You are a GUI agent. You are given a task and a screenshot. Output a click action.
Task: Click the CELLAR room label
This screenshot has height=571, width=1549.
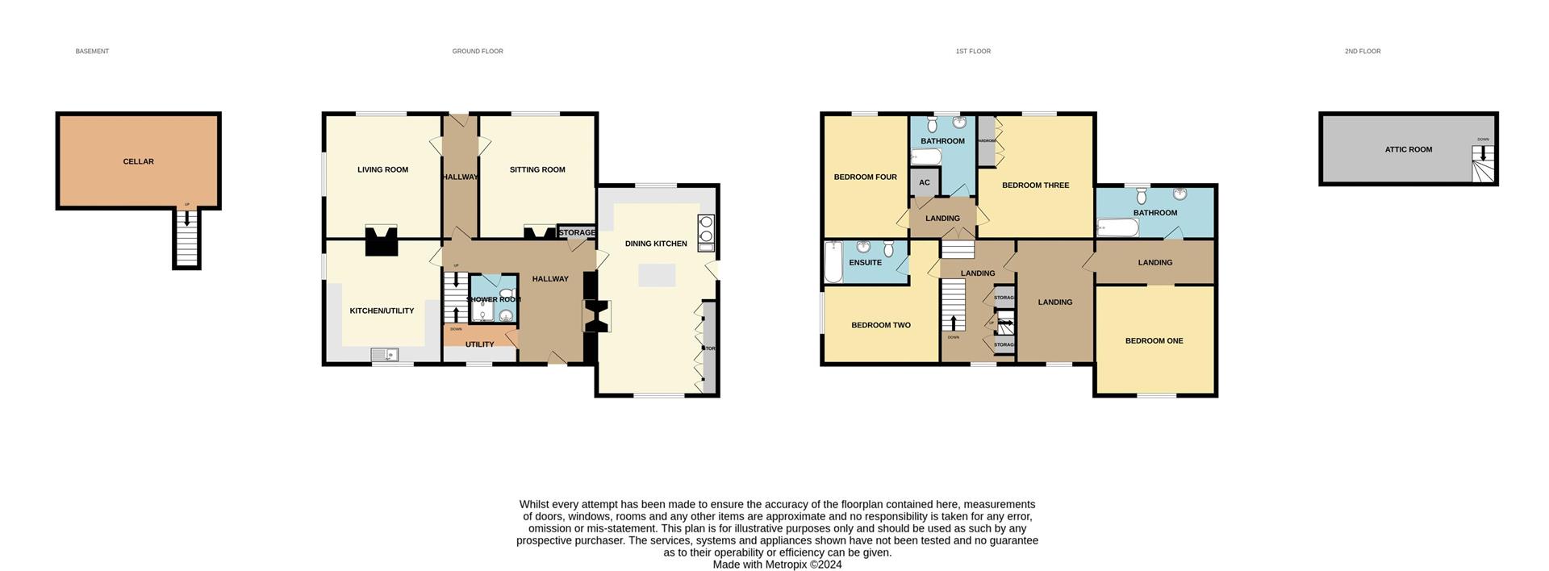click(x=138, y=161)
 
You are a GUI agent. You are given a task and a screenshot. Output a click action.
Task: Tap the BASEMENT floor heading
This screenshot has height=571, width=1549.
click(x=92, y=51)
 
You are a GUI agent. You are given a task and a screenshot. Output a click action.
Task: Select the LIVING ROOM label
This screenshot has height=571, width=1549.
click(x=382, y=169)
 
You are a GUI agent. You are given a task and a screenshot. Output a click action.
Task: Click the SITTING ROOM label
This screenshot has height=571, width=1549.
click(x=537, y=169)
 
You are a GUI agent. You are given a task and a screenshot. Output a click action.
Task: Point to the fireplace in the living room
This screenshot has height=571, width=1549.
click(x=382, y=240)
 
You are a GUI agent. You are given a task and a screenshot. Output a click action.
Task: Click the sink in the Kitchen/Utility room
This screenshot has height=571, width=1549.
click(x=384, y=354)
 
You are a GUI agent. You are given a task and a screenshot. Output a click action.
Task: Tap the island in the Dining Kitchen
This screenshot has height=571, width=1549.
click(x=657, y=275)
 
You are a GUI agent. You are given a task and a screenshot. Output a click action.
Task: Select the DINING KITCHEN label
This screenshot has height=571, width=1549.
click(x=656, y=244)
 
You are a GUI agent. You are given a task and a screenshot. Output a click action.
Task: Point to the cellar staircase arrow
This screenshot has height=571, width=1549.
click(x=187, y=216)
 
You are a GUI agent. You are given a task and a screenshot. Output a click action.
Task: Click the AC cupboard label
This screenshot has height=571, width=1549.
click(x=925, y=182)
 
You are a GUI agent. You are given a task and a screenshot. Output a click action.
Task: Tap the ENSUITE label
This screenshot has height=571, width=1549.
click(x=865, y=262)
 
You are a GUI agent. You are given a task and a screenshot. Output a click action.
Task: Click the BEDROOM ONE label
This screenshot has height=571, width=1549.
click(x=1154, y=340)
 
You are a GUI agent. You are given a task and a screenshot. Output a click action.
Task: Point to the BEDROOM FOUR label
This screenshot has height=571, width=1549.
click(x=865, y=177)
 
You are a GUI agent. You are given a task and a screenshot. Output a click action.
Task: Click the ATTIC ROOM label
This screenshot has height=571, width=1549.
click(x=1408, y=149)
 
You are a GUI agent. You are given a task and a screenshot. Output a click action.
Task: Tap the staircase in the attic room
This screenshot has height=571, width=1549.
click(x=1483, y=165)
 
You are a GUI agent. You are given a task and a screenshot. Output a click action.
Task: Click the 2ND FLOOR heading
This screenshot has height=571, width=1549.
click(x=1362, y=51)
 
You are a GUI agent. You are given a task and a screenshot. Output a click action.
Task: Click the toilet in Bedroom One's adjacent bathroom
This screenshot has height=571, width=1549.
click(x=1141, y=196)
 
